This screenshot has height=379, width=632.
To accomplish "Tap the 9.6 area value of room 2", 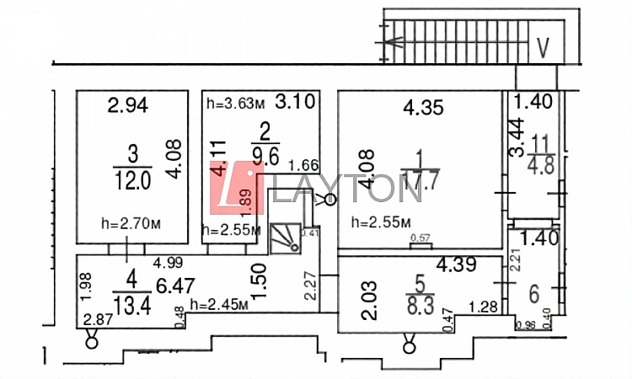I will [265, 154].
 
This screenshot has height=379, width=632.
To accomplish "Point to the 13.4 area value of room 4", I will [132, 305].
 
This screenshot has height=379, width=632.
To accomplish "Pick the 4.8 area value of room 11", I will [540, 165].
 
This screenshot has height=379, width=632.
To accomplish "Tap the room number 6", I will [533, 295].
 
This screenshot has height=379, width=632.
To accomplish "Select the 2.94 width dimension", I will [128, 106].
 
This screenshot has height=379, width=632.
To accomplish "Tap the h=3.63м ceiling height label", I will [236, 104].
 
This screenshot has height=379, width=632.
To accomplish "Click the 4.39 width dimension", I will [457, 265].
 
